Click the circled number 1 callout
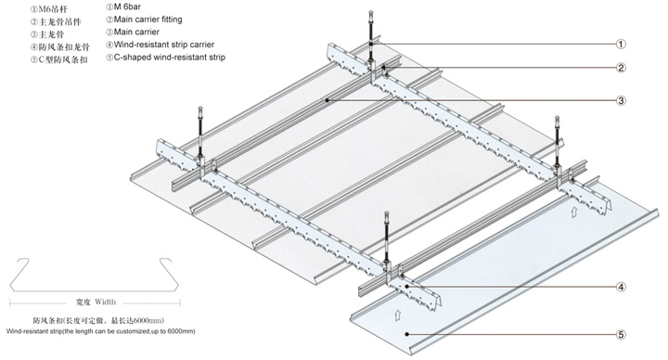coord(621,44)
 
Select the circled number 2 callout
coord(621,68)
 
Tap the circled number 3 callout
coord(621,100)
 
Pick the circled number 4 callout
coord(621,287)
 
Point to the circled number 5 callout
coord(621,335)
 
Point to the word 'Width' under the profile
coord(105,302)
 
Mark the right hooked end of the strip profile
coord(166,261)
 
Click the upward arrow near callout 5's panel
coord(397,315)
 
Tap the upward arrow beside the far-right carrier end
coord(574,212)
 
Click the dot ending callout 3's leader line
coord(328,100)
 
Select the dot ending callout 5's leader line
coord(407,334)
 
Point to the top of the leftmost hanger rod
coord(200,108)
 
